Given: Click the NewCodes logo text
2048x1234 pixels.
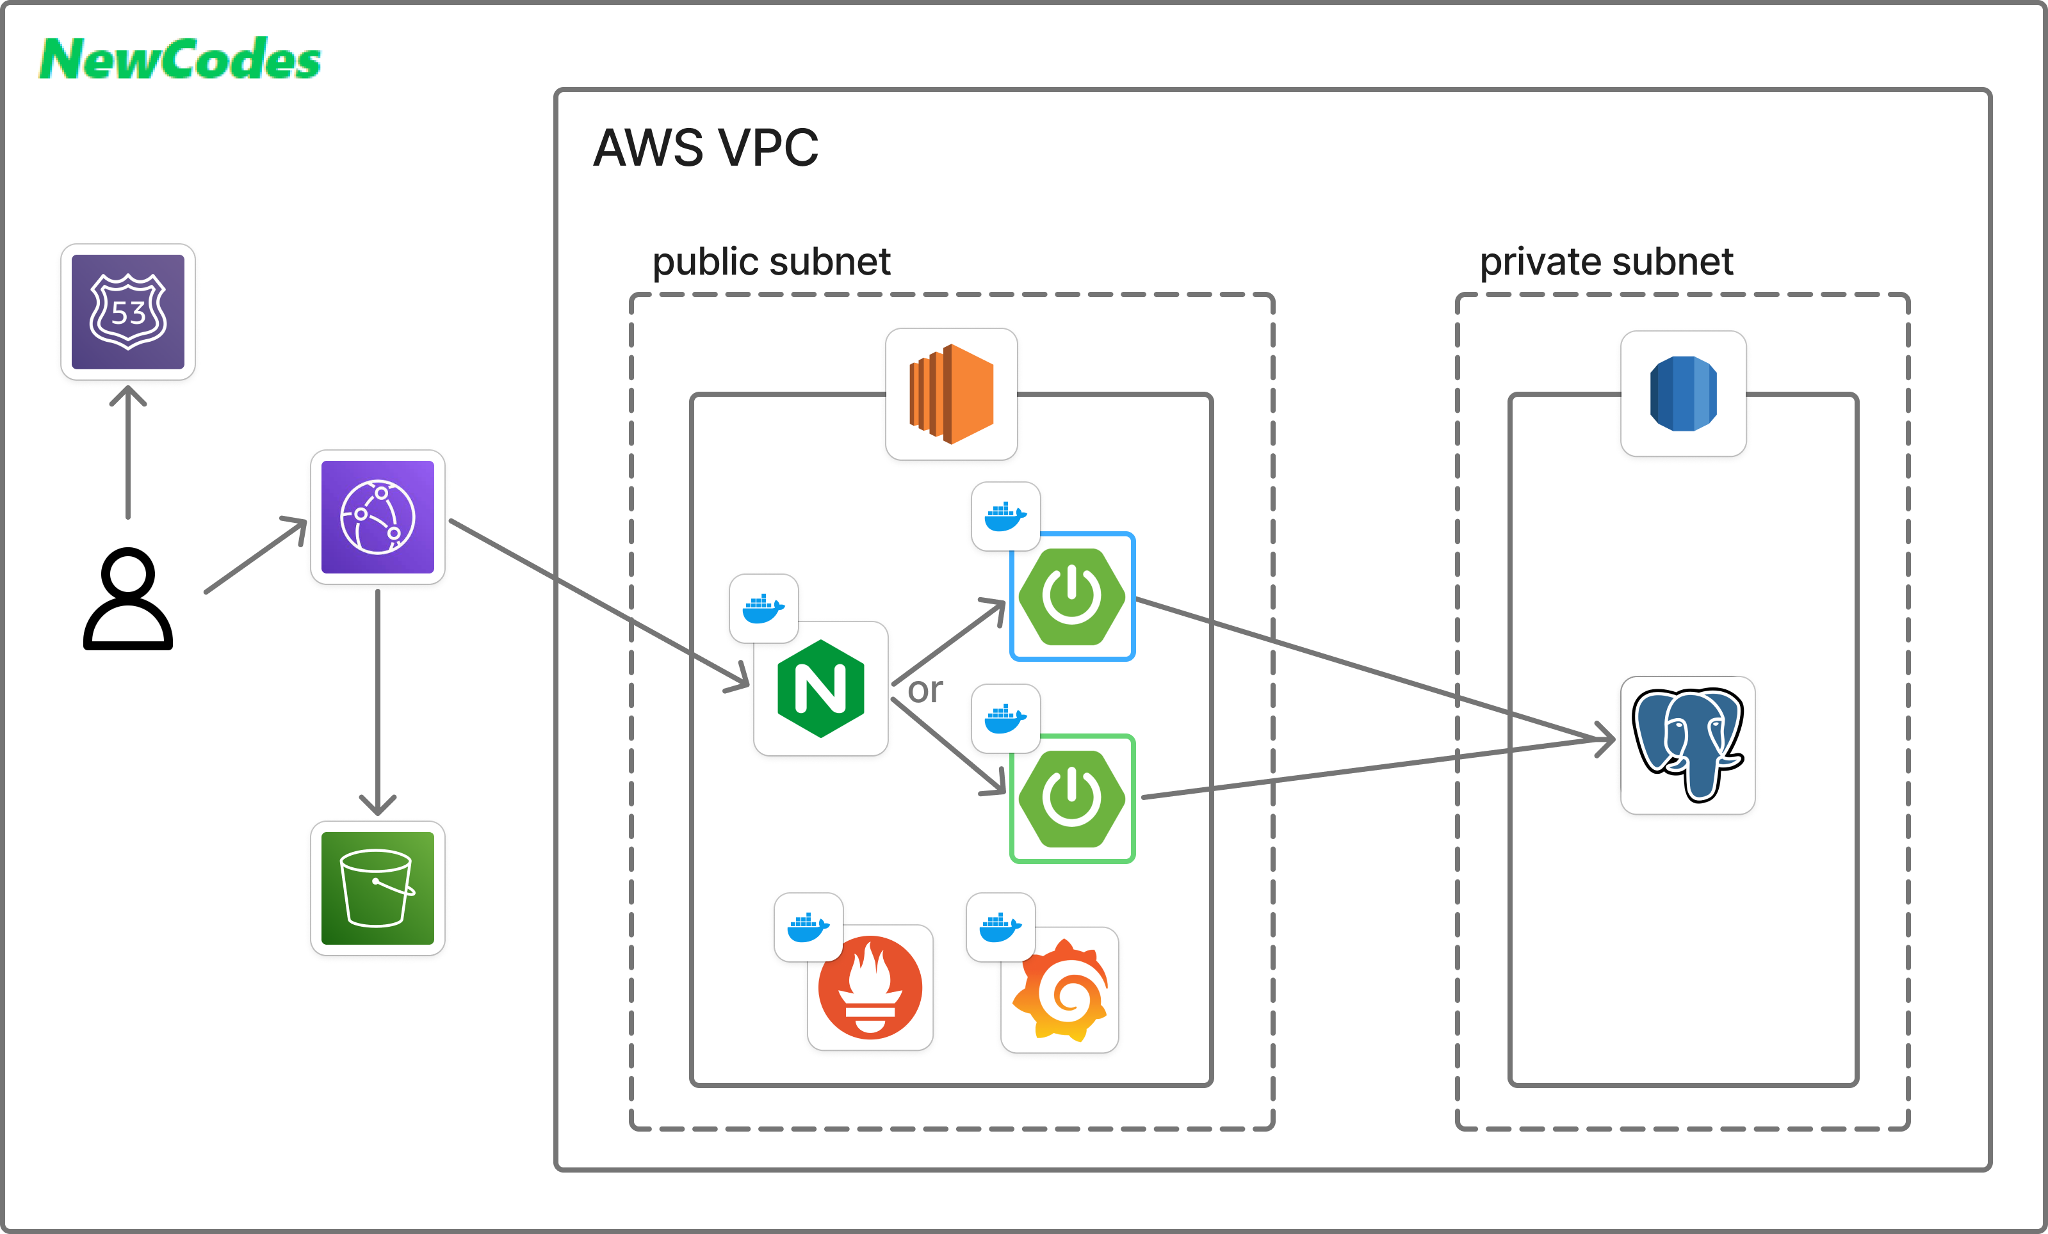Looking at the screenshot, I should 179,60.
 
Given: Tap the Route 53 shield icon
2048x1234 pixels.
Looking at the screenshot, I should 128,312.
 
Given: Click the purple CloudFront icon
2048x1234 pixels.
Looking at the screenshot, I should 377,517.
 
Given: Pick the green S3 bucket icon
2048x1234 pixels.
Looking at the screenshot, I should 377,888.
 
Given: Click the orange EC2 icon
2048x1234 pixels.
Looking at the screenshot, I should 951,394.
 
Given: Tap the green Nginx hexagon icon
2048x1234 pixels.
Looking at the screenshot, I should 820,689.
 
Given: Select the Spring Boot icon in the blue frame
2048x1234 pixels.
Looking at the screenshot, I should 1072,597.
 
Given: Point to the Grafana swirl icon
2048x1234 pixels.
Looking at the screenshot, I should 1061,991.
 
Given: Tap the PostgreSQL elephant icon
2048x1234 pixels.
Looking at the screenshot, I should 1687,744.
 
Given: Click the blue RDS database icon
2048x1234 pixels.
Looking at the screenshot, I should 1683,394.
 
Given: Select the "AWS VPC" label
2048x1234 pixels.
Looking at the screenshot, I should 706,148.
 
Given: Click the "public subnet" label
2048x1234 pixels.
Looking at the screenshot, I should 770,262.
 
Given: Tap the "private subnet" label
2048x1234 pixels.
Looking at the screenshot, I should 1606,262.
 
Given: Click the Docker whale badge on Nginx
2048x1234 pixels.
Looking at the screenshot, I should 763,608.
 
